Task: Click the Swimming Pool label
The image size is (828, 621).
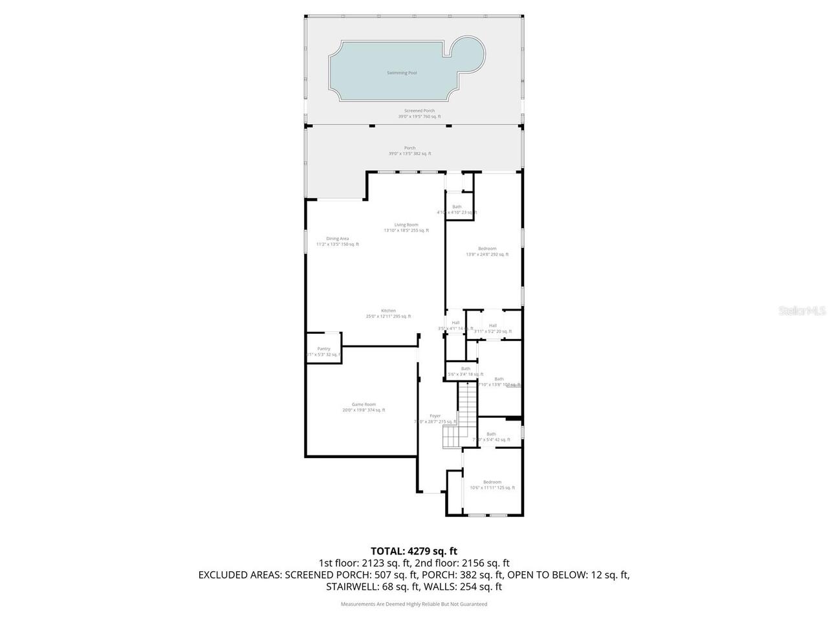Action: [402, 73]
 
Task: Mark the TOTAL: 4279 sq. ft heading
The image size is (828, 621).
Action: [414, 551]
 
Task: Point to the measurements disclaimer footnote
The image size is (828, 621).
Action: [414, 604]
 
